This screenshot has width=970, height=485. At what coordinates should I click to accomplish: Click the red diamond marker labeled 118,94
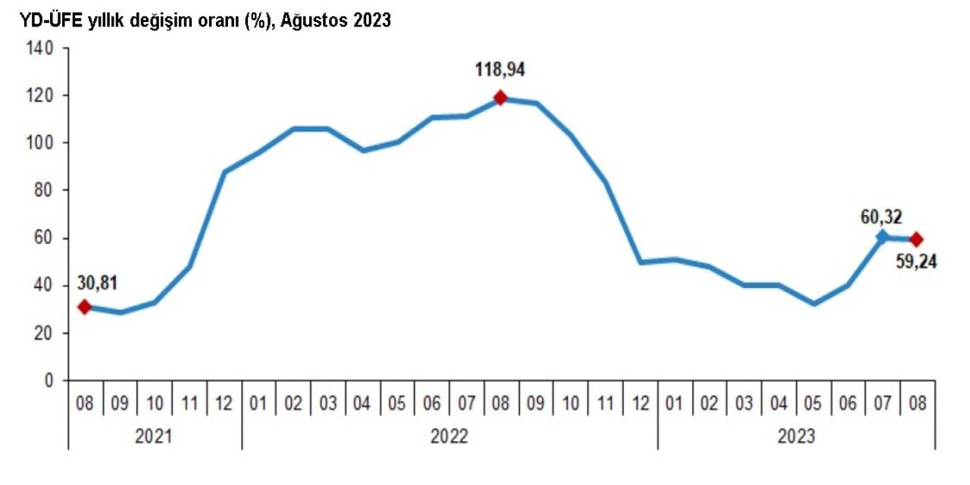500,98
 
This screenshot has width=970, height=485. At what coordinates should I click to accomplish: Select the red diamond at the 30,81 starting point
84,307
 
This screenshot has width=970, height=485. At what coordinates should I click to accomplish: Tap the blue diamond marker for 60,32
882,237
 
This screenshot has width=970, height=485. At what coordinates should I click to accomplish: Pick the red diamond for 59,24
916,239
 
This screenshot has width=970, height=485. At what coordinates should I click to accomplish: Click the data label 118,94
500,70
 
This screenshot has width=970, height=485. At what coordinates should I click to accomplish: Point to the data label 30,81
97,285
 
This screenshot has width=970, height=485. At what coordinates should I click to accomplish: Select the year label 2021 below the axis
155,437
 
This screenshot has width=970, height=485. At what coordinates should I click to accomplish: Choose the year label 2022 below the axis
449,437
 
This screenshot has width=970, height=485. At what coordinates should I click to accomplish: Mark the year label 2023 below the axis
796,437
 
